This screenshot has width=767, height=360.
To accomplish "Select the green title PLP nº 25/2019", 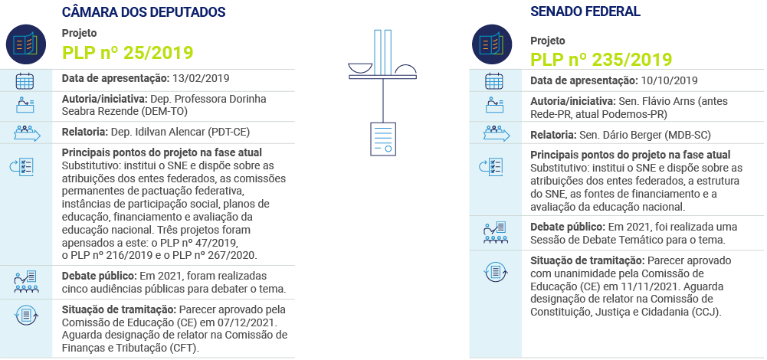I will tap(127, 52).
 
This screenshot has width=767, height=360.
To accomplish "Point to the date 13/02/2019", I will tap(200, 78).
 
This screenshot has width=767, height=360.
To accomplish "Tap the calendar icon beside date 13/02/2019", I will tap(25, 79).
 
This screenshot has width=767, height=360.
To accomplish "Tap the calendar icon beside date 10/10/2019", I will tap(493, 81).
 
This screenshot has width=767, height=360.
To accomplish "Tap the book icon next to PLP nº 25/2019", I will tap(25, 42).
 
